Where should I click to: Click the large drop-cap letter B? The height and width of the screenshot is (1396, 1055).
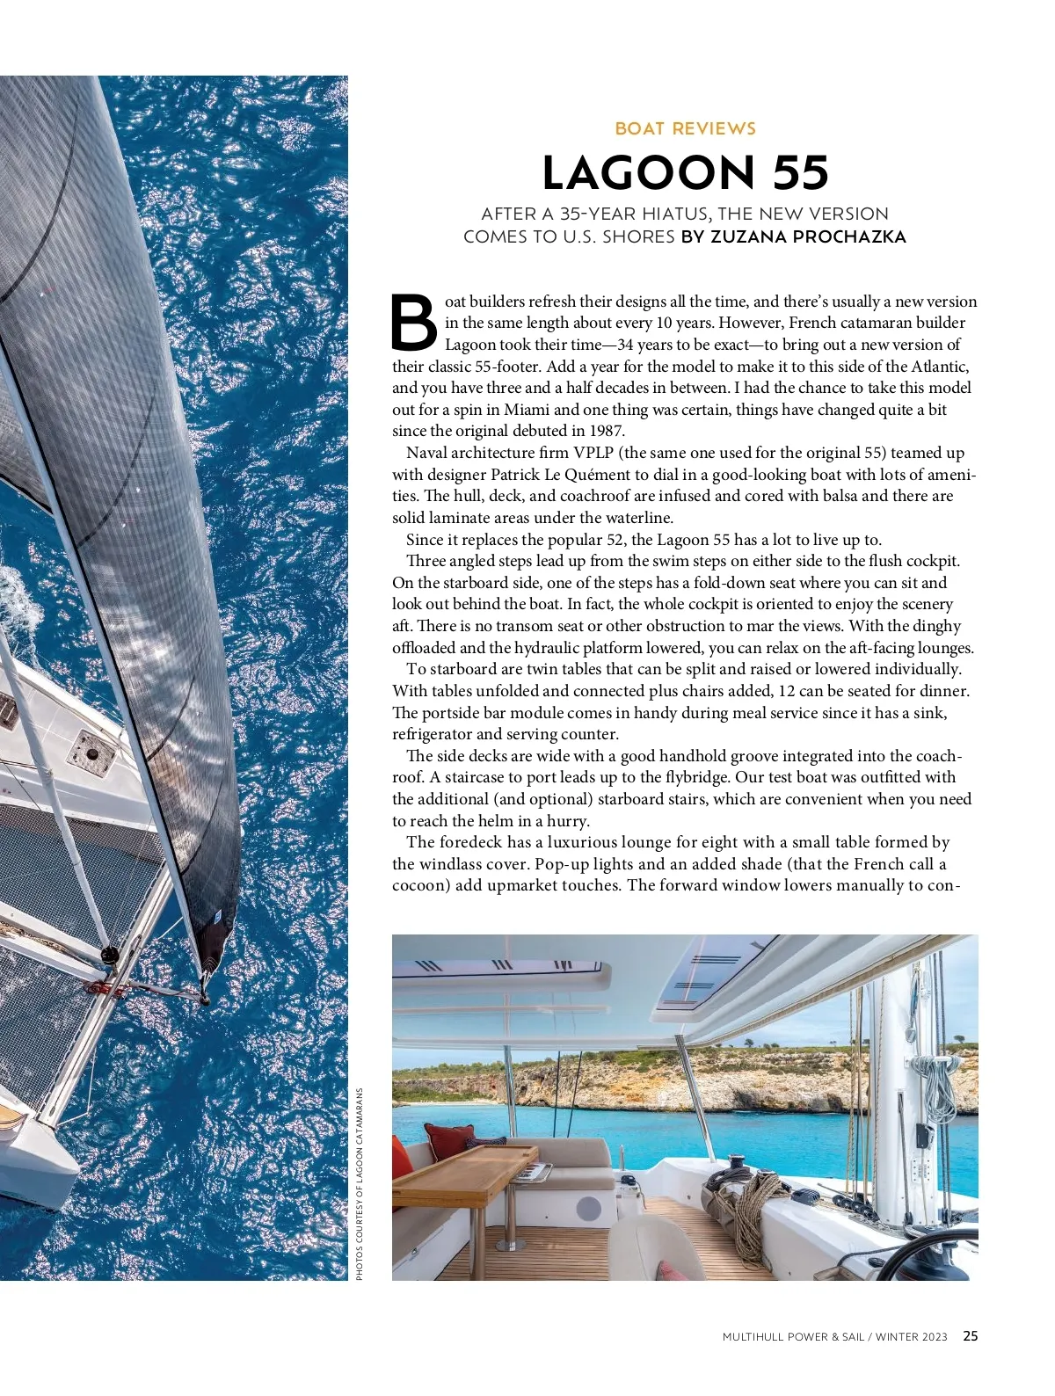pyautogui.click(x=413, y=323)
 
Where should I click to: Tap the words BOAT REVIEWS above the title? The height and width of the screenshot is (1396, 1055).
pyautogui.click(x=685, y=129)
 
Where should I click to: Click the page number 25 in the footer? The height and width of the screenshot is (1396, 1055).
pyautogui.click(x=970, y=1336)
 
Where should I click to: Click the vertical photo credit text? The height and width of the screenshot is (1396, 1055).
pyautogui.click(x=359, y=1183)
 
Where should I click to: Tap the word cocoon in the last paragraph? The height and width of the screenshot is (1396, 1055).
pyautogui.click(x=421, y=885)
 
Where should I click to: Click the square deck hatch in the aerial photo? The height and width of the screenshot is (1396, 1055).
pyautogui.click(x=91, y=748)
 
